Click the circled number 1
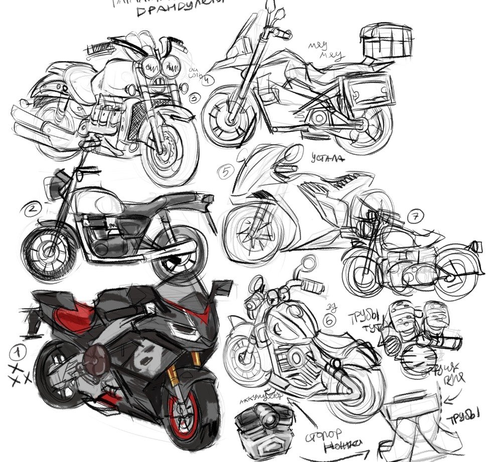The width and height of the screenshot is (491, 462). (18, 354)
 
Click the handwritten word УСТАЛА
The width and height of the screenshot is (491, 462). (328, 159)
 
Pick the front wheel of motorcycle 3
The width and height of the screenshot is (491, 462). (166, 150)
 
